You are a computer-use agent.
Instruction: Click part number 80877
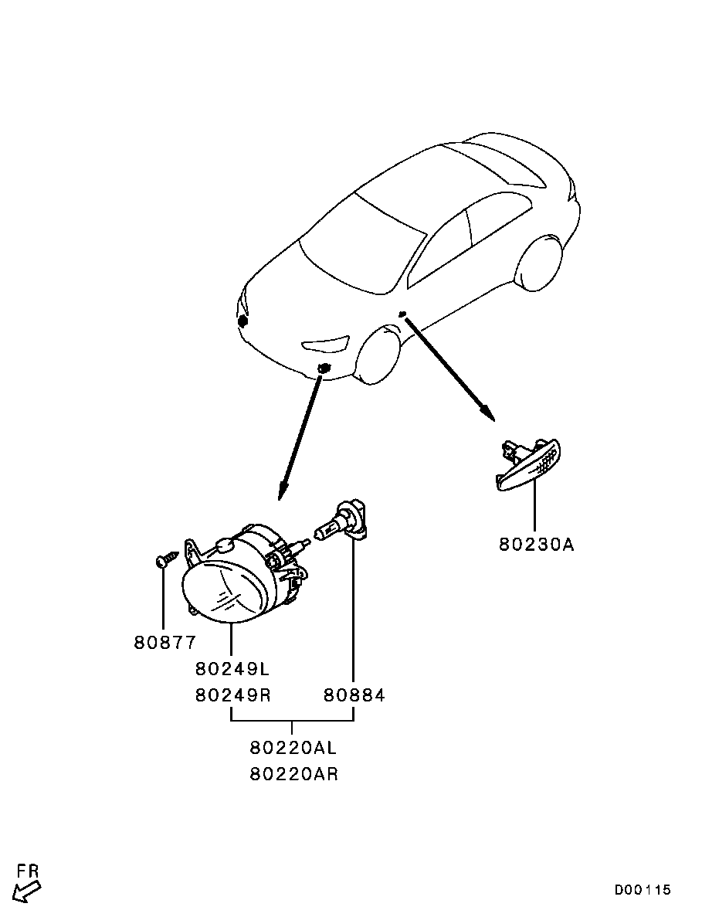[165, 643]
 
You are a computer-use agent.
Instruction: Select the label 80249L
[232, 668]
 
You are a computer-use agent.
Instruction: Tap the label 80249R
[232, 695]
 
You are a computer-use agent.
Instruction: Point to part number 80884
[354, 695]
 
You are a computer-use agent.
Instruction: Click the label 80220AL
[293, 747]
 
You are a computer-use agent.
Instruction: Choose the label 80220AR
[294, 774]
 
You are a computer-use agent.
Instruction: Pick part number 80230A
[537, 545]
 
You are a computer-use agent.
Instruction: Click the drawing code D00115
[643, 890]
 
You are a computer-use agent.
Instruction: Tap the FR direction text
[28, 871]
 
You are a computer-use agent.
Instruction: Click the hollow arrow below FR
[27, 892]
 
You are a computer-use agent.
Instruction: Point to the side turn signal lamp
[528, 465]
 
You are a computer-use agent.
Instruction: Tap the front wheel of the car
[379, 356]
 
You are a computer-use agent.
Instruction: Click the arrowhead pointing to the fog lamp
[283, 490]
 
